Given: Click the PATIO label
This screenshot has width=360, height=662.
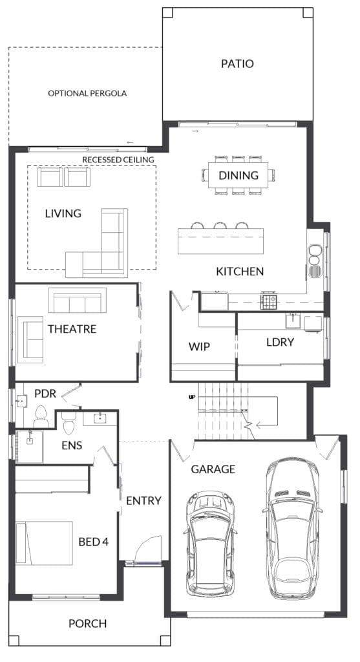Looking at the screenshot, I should [237, 64].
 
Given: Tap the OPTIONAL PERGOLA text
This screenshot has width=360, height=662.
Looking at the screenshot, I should [87, 94].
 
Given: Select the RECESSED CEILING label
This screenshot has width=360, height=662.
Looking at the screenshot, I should [118, 160].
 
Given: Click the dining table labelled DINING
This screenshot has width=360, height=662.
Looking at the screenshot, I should [238, 175].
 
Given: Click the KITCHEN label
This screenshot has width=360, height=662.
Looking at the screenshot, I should [240, 272].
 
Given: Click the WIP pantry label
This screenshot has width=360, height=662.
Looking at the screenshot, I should [199, 346].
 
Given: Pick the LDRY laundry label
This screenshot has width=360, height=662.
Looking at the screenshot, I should [280, 342].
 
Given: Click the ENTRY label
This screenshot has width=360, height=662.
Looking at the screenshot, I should [143, 501].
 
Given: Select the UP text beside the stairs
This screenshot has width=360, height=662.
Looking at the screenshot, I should [191, 397].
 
